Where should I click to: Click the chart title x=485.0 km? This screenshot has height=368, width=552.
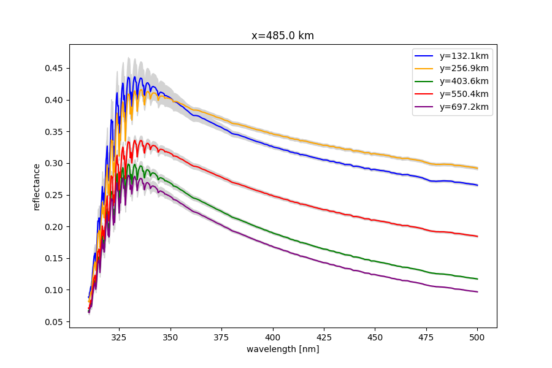(x=283, y=36)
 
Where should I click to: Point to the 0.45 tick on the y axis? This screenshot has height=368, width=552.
(x=53, y=68)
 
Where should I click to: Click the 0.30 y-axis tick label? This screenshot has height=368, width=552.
(x=53, y=163)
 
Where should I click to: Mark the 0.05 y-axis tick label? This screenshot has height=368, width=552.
(x=53, y=321)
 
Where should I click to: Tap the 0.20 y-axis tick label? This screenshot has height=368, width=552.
(x=53, y=226)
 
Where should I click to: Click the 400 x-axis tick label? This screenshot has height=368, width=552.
(x=273, y=337)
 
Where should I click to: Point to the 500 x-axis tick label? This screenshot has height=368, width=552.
(x=478, y=337)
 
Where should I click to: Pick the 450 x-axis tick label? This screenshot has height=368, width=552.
(x=375, y=337)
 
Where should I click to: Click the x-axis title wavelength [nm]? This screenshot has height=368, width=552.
(x=283, y=350)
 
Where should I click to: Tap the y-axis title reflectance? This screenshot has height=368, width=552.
(x=37, y=186)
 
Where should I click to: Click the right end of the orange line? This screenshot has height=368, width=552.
(x=478, y=168)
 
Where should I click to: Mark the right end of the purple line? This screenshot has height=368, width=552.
(x=478, y=291)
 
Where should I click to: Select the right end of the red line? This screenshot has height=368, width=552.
(x=478, y=236)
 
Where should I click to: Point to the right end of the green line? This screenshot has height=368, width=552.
(x=478, y=279)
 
